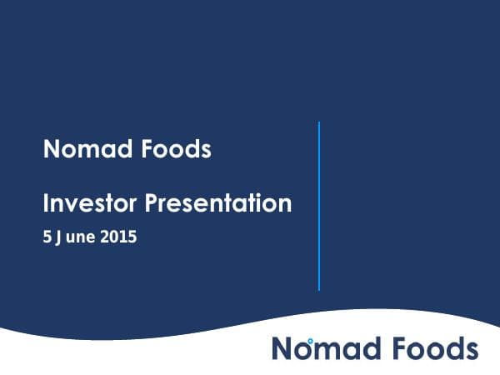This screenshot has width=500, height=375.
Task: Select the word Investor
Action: pos(90,202)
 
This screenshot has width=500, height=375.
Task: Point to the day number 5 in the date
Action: pos(47,237)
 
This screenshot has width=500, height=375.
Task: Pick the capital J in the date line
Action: pos(60,237)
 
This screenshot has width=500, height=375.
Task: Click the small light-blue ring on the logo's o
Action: pos(310,342)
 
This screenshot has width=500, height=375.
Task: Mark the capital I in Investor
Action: pos(46,202)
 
